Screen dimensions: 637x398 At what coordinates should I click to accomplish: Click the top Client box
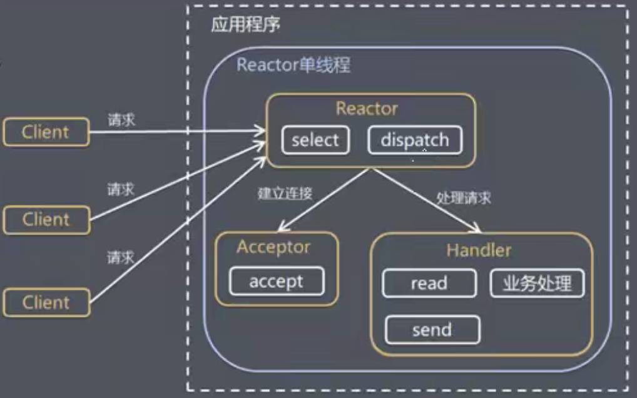click(46, 132)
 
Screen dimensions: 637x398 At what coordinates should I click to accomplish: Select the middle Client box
click(47, 220)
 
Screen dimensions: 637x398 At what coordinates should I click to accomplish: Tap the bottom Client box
click(47, 302)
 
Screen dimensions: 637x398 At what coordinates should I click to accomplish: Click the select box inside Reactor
click(315, 140)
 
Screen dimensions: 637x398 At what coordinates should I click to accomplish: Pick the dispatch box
click(415, 140)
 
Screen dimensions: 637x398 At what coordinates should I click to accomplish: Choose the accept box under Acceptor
click(277, 281)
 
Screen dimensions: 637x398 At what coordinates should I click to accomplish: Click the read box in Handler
click(429, 283)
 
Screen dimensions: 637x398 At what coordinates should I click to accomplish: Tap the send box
click(432, 330)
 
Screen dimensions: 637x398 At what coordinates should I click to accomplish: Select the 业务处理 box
click(537, 283)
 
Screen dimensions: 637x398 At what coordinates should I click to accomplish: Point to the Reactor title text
click(367, 108)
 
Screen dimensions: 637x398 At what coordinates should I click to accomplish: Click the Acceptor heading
click(273, 247)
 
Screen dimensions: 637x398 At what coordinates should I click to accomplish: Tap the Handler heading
click(479, 250)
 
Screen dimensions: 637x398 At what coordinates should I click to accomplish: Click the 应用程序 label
click(245, 25)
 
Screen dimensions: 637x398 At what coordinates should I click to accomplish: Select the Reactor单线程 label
click(293, 65)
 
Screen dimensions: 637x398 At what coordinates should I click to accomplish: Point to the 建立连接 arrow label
click(285, 193)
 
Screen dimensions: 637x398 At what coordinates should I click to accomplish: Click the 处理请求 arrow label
click(464, 198)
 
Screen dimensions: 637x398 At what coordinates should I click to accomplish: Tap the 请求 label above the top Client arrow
click(121, 120)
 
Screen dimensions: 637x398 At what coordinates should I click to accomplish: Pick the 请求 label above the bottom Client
click(120, 257)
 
